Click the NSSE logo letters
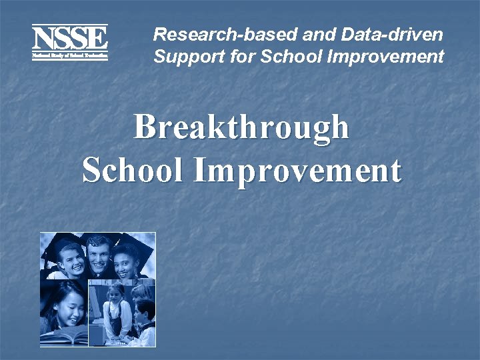click(69, 37)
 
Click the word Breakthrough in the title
click(241, 127)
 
